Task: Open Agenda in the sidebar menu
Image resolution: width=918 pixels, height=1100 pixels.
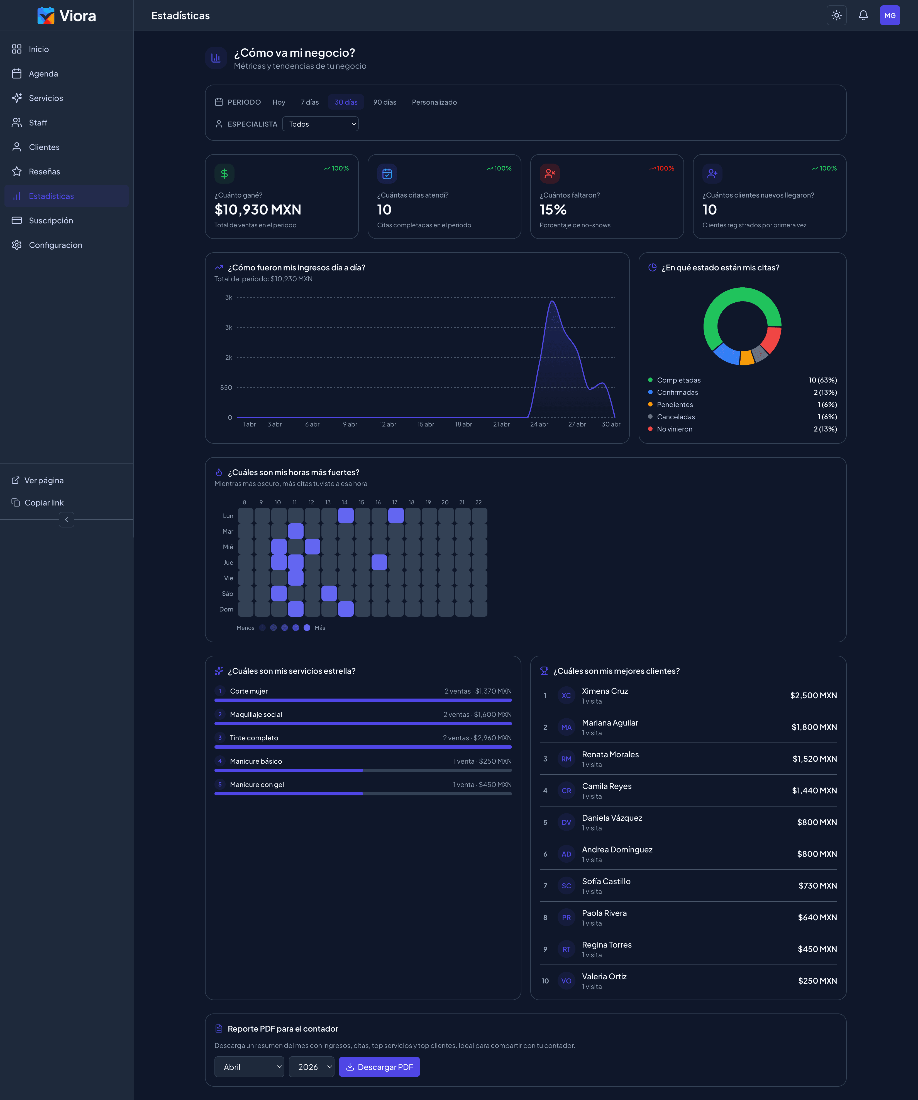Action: [43, 74]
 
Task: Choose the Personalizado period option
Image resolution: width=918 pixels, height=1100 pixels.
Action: [434, 102]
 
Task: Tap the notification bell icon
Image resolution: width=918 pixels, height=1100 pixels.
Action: [863, 15]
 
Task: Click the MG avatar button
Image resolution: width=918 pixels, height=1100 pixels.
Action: [890, 15]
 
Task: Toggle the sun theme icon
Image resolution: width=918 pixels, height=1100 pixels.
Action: [836, 15]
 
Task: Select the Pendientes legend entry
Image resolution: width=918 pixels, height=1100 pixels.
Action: [675, 405]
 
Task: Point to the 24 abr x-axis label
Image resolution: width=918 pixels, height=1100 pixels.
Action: [539, 424]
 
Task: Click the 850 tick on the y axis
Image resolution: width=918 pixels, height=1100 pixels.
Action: [226, 388]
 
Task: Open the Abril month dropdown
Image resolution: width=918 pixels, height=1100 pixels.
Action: [249, 1067]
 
